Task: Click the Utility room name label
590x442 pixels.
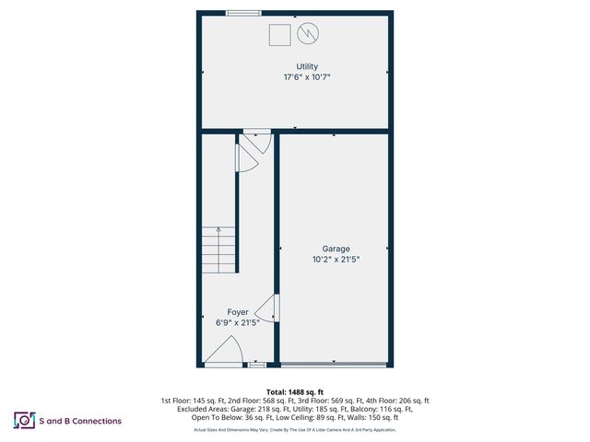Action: tap(307, 66)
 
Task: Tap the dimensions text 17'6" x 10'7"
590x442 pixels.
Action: tap(307, 77)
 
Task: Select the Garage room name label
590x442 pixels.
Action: tap(336, 249)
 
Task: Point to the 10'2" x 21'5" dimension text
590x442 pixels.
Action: tap(336, 260)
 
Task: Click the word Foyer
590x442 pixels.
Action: tap(238, 312)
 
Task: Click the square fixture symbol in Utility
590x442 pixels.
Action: tap(279, 35)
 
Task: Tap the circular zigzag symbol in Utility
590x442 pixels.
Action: tap(307, 35)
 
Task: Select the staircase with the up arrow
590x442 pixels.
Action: tap(220, 250)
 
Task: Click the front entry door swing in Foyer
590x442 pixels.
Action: tap(224, 352)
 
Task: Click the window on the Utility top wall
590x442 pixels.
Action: tap(243, 13)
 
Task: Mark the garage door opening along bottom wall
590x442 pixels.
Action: tap(334, 365)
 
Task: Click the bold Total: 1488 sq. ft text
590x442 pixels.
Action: tap(295, 392)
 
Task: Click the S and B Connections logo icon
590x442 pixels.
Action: tap(24, 421)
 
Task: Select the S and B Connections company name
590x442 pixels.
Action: tap(80, 421)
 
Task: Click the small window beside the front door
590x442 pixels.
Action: tap(257, 365)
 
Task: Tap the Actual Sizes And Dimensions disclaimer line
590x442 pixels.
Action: tap(295, 430)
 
